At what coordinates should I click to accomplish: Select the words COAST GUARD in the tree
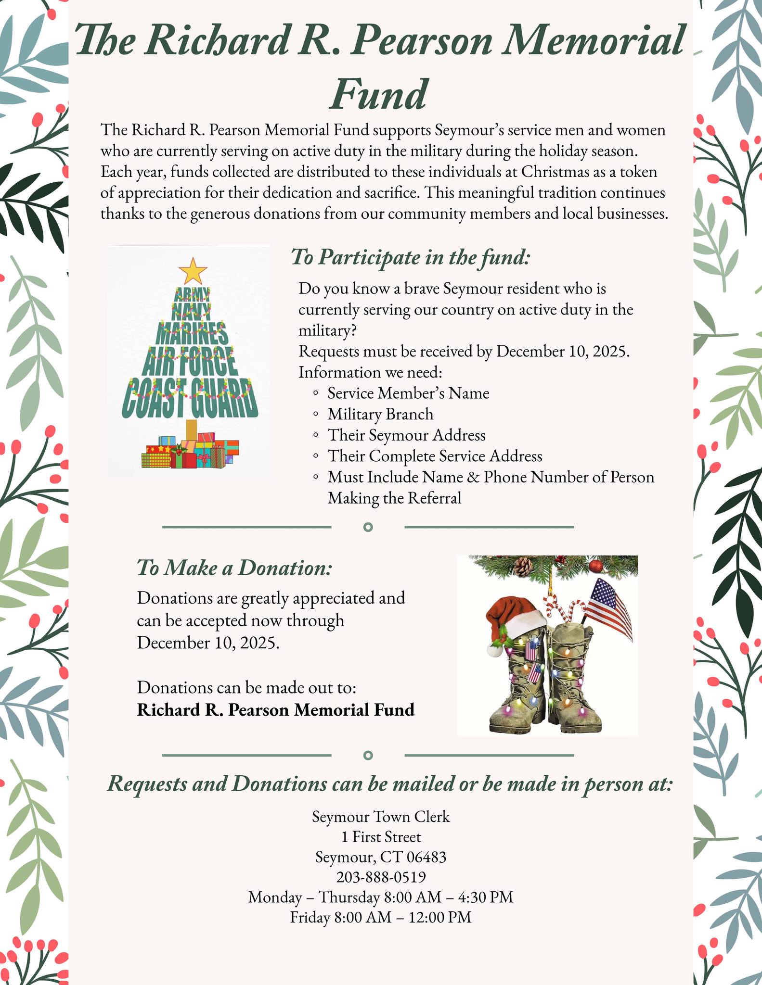pyautogui.click(x=189, y=398)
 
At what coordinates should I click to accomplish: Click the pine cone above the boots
pyautogui.click(x=523, y=566)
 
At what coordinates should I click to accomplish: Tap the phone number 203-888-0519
pyautogui.click(x=381, y=877)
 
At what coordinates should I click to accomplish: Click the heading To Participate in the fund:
pyautogui.click(x=410, y=257)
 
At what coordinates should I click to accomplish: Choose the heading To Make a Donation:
pyautogui.click(x=234, y=568)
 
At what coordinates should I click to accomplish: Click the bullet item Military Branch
pyautogui.click(x=380, y=414)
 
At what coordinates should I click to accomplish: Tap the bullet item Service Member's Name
pyautogui.click(x=408, y=393)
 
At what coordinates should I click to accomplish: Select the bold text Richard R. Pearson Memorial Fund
pyautogui.click(x=275, y=710)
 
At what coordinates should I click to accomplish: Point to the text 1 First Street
pyautogui.click(x=381, y=837)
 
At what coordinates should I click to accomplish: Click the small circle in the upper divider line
pyautogui.click(x=368, y=527)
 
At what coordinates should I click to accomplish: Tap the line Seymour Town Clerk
pyautogui.click(x=381, y=816)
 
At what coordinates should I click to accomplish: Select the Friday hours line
pyautogui.click(x=381, y=917)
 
